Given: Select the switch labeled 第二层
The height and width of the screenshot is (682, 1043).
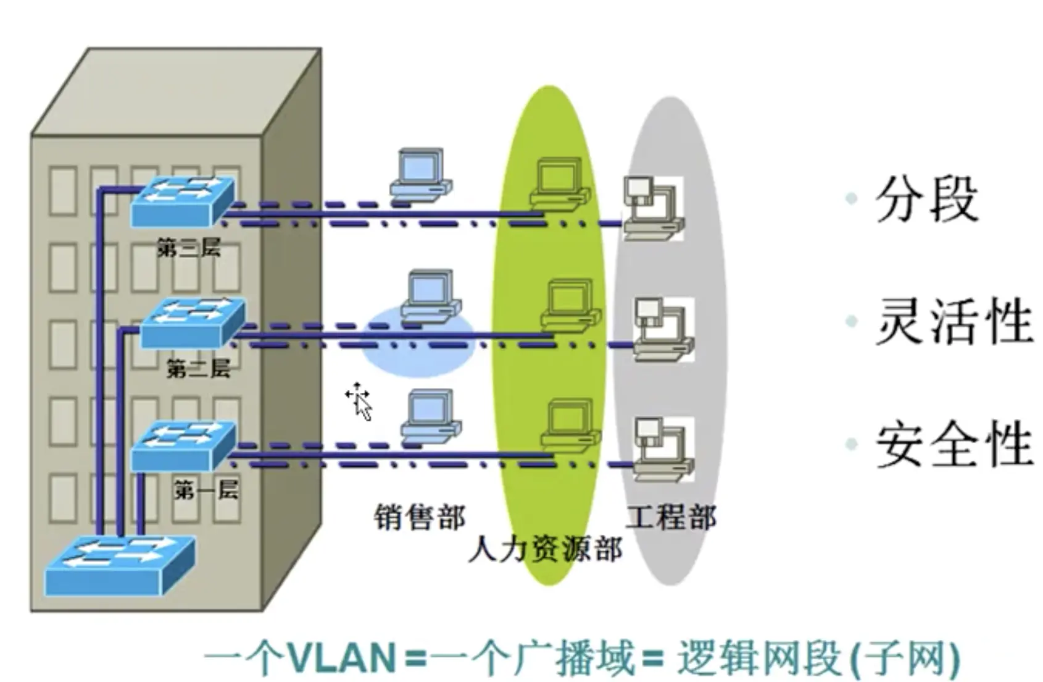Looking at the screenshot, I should click(x=193, y=322).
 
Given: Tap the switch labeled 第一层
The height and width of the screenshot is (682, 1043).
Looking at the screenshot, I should click(x=184, y=445).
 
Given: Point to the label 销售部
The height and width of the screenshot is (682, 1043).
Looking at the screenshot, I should click(x=420, y=516).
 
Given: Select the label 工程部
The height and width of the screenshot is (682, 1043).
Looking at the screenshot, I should click(x=671, y=516).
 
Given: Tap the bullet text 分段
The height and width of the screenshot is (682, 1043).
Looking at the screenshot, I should click(x=926, y=199).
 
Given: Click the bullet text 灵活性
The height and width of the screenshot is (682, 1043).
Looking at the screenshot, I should click(x=954, y=321).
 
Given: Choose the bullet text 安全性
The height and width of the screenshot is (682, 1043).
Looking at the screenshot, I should click(x=954, y=444).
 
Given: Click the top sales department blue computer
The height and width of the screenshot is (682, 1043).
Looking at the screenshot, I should click(x=421, y=174).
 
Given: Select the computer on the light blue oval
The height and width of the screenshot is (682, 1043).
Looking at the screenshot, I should click(x=431, y=295).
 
